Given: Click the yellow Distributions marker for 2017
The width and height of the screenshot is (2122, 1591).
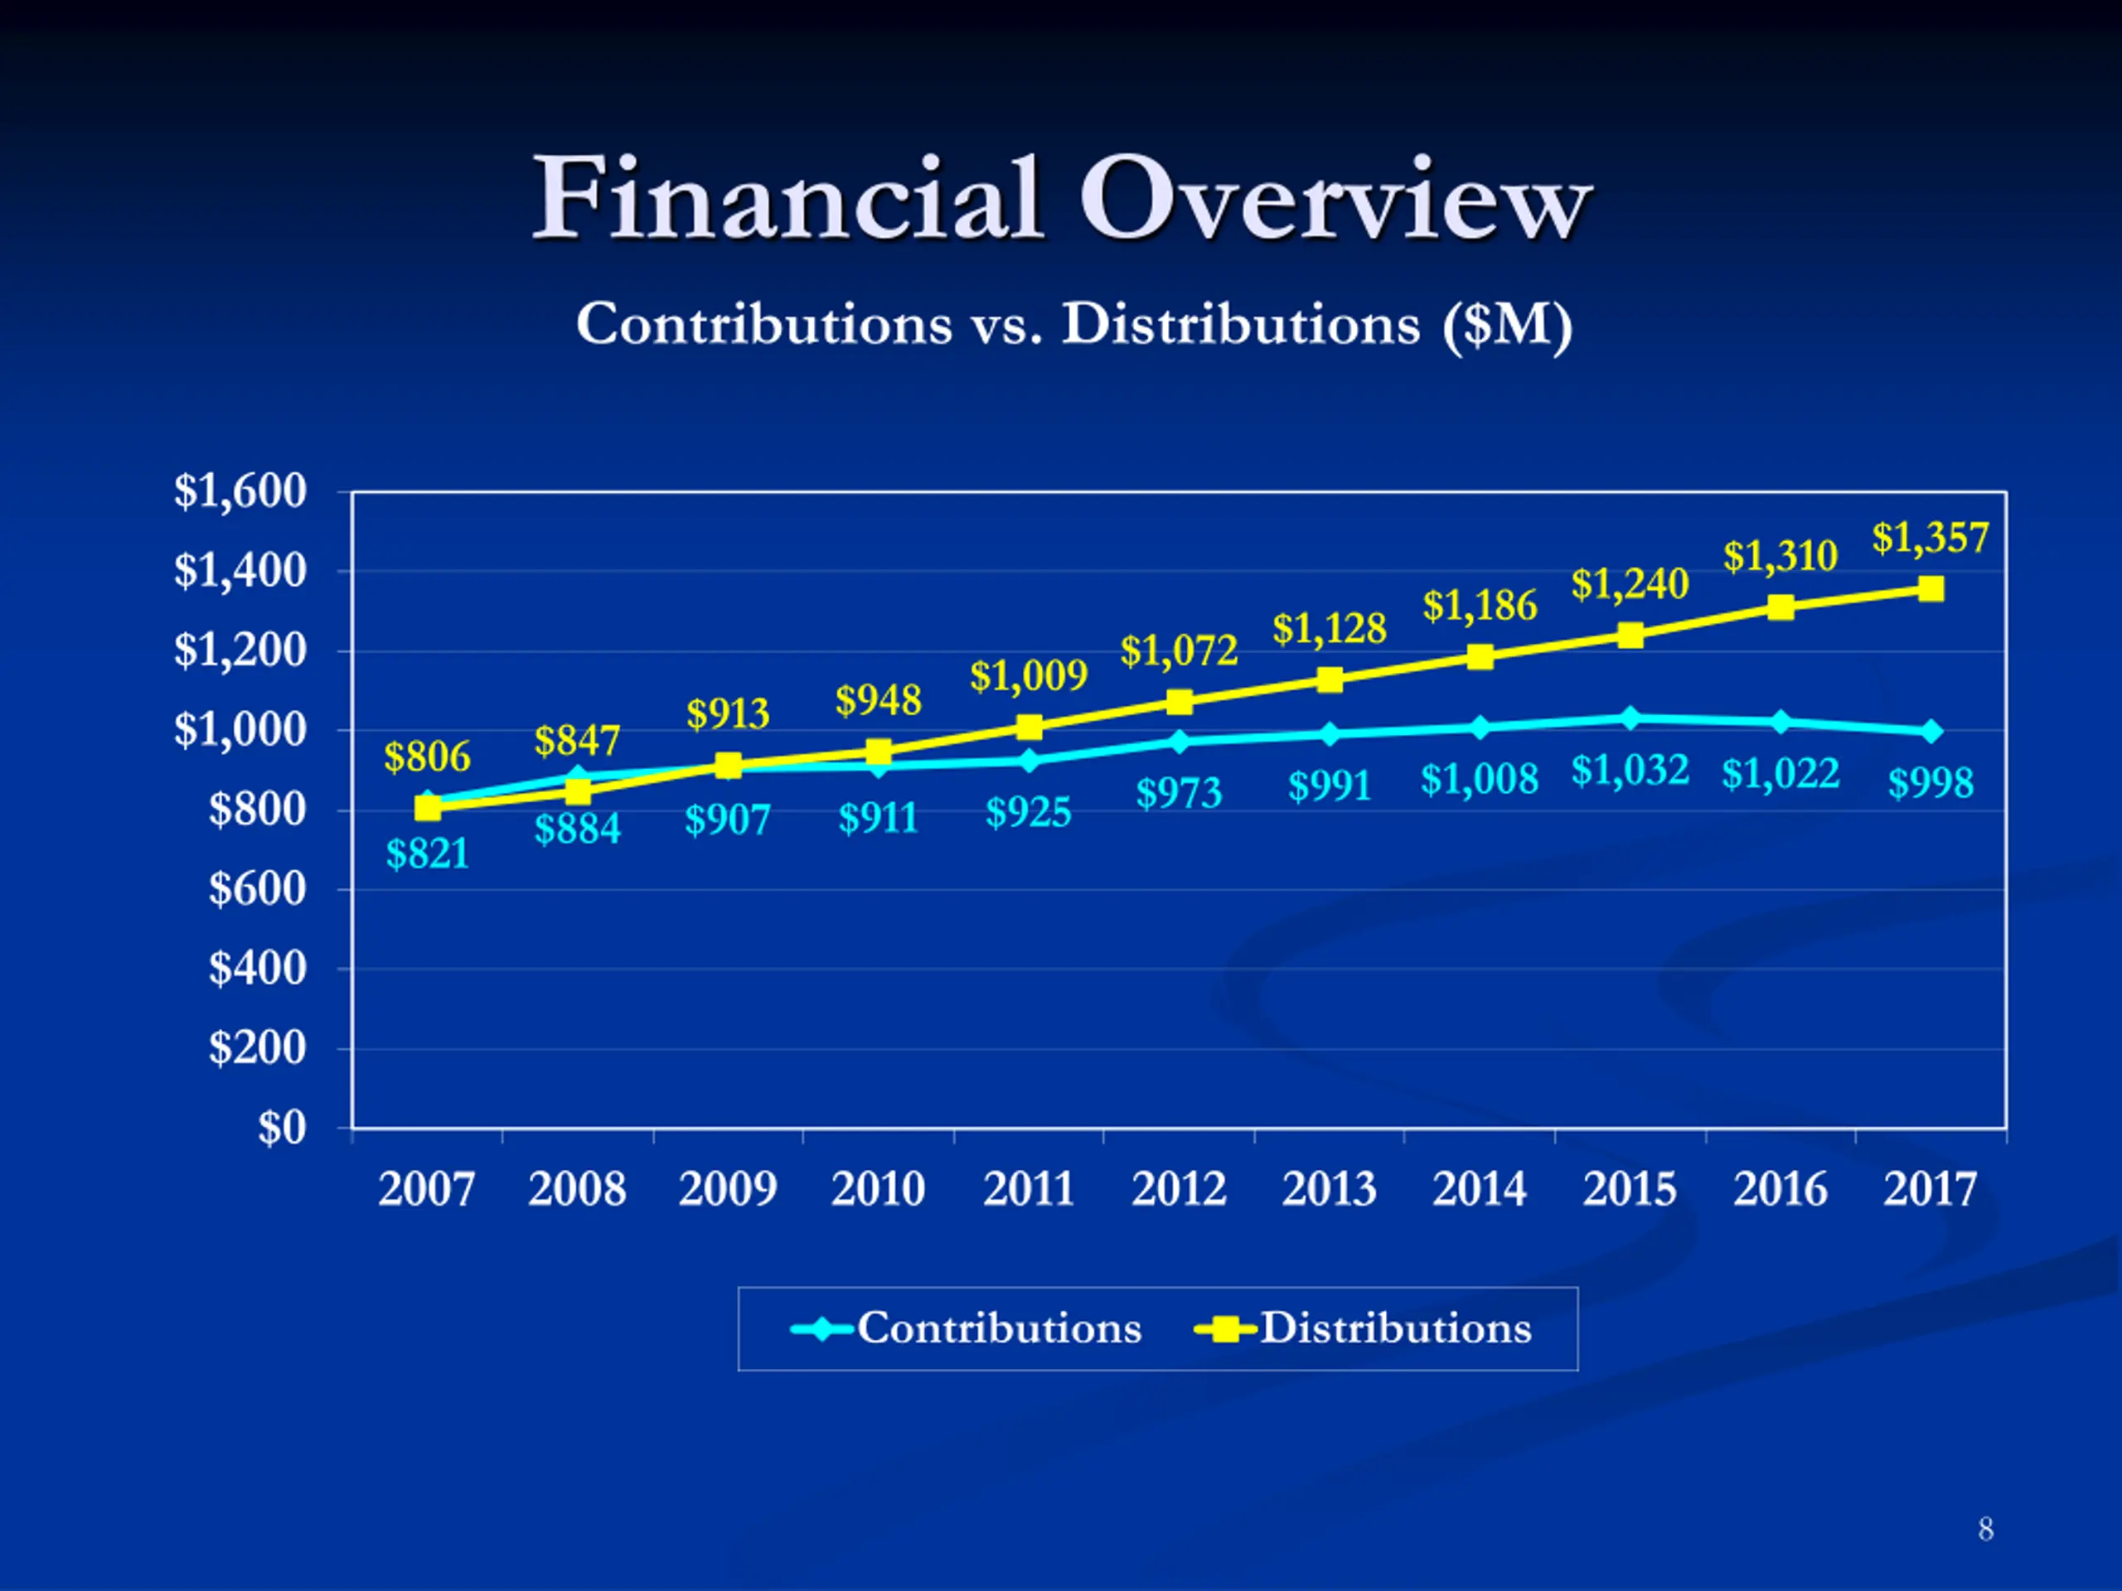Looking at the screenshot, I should click(1931, 589).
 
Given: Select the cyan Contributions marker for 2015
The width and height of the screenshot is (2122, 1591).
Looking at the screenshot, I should click(1630, 718).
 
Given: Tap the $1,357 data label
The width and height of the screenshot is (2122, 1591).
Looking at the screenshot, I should click(1931, 538).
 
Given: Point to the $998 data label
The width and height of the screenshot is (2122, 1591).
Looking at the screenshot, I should click(1931, 782).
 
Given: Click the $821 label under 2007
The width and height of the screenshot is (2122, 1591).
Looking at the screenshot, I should click(427, 854).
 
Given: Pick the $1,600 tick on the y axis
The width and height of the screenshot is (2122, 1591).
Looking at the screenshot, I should click(240, 491).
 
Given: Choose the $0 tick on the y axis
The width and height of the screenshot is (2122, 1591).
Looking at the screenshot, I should click(282, 1128).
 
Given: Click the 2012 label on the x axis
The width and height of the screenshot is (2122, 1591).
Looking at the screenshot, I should click(1179, 1190).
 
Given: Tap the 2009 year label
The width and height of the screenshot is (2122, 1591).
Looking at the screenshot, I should click(727, 1190).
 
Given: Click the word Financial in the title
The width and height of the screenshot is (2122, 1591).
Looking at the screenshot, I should click(787, 200).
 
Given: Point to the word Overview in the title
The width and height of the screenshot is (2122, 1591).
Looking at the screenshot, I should click(1335, 200).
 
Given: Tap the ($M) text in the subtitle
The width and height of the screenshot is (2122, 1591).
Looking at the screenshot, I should click(1507, 324).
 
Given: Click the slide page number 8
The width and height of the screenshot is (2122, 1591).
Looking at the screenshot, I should click(1986, 1529).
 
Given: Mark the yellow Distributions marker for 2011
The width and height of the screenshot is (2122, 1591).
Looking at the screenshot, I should click(1029, 727).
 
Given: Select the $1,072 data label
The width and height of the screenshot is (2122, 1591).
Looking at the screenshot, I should click(1179, 651).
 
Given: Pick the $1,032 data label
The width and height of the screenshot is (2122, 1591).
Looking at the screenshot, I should click(1630, 770).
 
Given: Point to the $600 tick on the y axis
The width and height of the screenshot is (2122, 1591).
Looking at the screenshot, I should click(257, 889).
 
